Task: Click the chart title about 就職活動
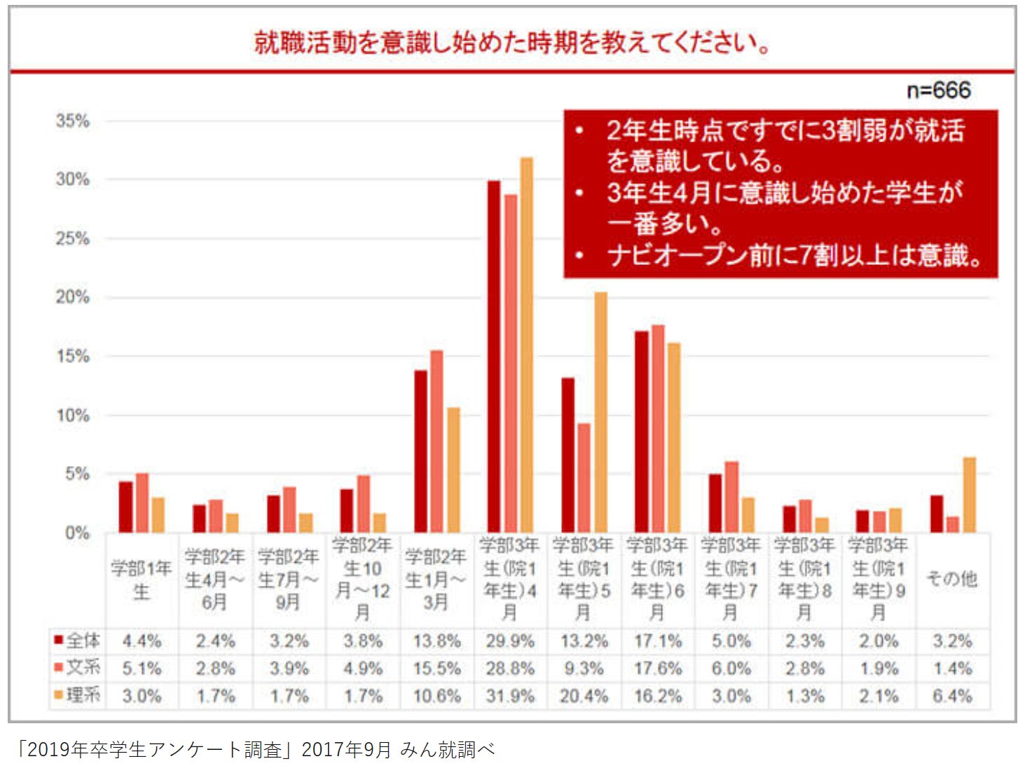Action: click(512, 43)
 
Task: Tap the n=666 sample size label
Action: click(938, 90)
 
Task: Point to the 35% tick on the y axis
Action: click(73, 121)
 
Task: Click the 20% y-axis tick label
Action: click(73, 297)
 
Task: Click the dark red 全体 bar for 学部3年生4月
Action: click(494, 357)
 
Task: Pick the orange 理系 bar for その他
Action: click(969, 495)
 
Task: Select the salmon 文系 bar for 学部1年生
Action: click(142, 502)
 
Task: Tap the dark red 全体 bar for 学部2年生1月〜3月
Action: click(420, 451)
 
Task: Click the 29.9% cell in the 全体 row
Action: click(510, 641)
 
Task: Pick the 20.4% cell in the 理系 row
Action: click(584, 697)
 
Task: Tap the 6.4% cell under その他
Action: click(952, 697)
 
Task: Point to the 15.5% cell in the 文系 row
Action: click(436, 669)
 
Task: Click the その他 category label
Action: click(951, 579)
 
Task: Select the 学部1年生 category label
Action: click(142, 580)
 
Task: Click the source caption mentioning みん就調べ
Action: click(256, 750)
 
